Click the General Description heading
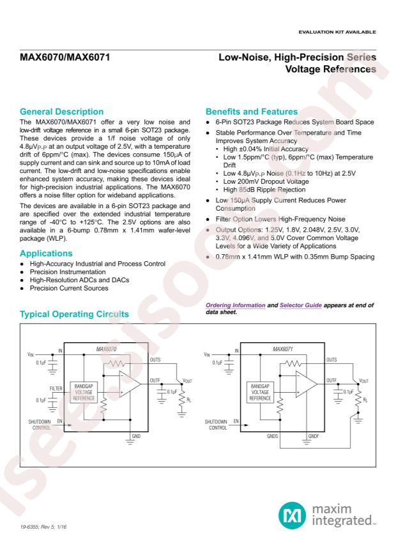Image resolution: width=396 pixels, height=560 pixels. click(x=61, y=112)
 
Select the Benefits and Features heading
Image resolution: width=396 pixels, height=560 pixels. click(x=248, y=112)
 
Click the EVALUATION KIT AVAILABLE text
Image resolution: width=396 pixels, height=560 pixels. click(x=339, y=32)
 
